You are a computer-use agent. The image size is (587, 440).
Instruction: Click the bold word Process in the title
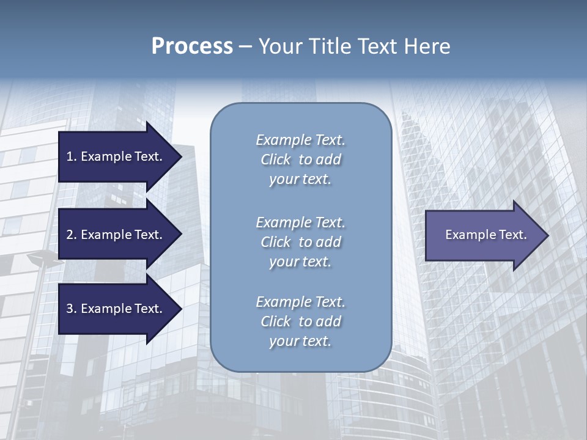click(x=192, y=46)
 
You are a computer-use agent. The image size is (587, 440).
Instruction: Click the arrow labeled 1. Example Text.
click(x=116, y=156)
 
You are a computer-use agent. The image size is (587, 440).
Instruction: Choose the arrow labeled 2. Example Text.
click(x=116, y=235)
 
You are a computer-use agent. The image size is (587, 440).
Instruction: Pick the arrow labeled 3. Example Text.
click(x=116, y=309)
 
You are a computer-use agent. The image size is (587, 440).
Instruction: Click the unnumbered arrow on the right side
click(x=483, y=235)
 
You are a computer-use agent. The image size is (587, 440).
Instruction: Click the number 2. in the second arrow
click(x=71, y=235)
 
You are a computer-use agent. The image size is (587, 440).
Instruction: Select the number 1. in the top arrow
click(x=71, y=156)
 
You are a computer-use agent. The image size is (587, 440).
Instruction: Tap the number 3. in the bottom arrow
click(x=71, y=309)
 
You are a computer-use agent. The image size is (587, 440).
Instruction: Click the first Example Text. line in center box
click(x=300, y=140)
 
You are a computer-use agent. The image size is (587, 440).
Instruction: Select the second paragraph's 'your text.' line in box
click(x=300, y=262)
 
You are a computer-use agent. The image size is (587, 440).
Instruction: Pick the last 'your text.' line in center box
click(x=300, y=341)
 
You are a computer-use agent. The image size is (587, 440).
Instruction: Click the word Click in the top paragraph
click(x=275, y=159)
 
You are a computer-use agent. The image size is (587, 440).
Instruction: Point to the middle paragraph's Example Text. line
click(x=300, y=222)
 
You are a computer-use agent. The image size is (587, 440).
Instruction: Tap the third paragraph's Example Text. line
click(x=300, y=302)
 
